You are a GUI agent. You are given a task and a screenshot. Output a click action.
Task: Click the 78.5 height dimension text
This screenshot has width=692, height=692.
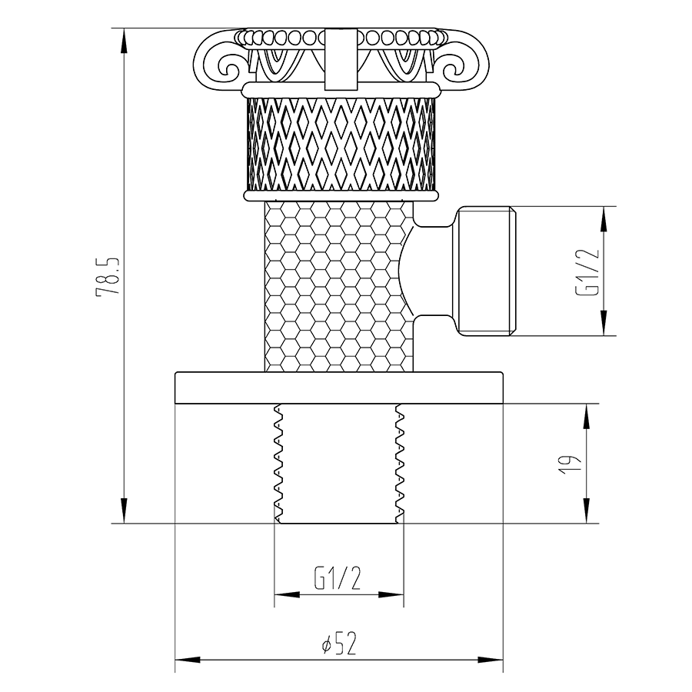pyautogui.click(x=108, y=276)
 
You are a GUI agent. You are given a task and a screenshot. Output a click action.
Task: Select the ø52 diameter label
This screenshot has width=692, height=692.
pyautogui.click(x=338, y=644)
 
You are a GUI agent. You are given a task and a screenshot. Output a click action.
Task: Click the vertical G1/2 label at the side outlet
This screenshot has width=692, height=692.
pyautogui.click(x=588, y=271)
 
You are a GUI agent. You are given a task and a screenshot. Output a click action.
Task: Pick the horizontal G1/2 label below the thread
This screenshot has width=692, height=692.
pyautogui.click(x=338, y=578)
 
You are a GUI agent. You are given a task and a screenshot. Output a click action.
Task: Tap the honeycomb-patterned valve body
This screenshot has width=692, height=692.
pyautogui.click(x=339, y=287)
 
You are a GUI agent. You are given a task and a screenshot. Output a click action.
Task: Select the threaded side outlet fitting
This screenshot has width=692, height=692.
pyautogui.click(x=486, y=271)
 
